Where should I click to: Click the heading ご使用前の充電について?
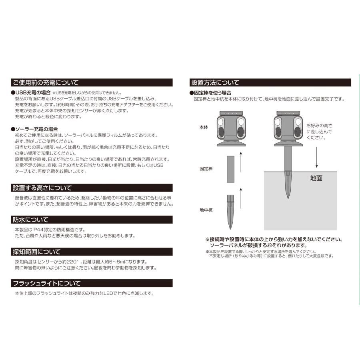(x=46, y=83)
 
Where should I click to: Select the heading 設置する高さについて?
(x=42, y=188)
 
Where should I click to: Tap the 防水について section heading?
(x=30, y=220)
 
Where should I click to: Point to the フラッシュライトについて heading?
(x=47, y=283)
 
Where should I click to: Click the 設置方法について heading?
(x=215, y=83)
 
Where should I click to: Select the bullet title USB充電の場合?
(x=33, y=93)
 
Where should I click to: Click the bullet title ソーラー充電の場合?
(x=36, y=129)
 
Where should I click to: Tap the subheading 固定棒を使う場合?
(x=212, y=93)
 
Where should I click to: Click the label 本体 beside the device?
(x=204, y=127)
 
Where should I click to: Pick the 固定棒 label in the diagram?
(x=206, y=169)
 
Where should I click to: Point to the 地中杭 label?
(x=206, y=210)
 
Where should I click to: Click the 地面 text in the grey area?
(x=316, y=178)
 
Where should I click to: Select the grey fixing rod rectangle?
(x=230, y=169)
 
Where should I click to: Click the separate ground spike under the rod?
(x=230, y=212)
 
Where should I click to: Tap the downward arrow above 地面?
(x=317, y=157)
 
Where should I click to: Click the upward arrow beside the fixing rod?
(x=241, y=162)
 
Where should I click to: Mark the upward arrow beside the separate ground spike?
(x=241, y=198)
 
